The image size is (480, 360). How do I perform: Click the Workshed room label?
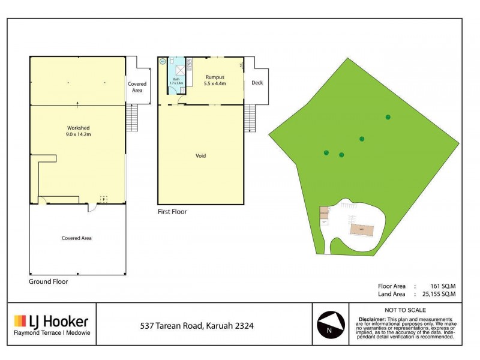coord(78,131)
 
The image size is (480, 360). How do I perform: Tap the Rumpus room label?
coord(214,80)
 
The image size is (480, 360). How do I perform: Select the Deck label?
coord(257,83)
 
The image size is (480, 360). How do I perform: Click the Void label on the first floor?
coord(200,156)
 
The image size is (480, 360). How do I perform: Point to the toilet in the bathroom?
coord(172,61)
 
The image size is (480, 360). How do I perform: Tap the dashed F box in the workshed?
coord(103,199)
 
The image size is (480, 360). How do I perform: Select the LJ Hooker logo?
coord(51,323)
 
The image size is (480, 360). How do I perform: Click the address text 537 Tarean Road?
coord(197,326)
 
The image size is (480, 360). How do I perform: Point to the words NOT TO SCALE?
coord(406,310)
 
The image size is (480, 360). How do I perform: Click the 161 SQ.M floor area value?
coord(442,286)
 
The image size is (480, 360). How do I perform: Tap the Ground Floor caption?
coord(49,281)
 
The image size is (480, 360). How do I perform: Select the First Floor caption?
coord(172,212)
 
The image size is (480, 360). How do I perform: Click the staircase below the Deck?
coord(250,118)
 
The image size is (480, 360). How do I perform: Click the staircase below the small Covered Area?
coord(133,118)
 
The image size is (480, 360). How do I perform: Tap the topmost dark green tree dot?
coord(388,117)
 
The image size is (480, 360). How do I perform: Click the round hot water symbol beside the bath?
coord(162,61)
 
